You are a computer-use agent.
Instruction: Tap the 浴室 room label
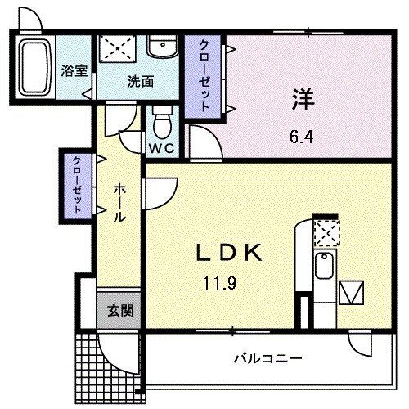pos(74,71)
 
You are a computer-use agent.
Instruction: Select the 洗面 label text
pos(140,81)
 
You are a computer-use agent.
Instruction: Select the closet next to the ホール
pos(77,185)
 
